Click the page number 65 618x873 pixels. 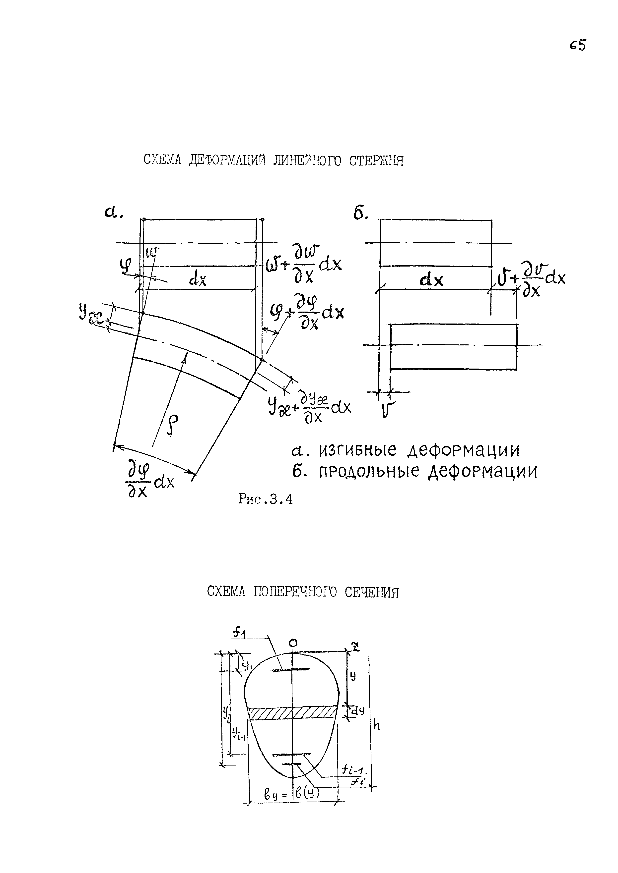578,46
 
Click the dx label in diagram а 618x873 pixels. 198,280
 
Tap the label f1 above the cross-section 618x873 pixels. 240,633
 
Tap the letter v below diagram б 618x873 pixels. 388,410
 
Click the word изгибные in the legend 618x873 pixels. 358,451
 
